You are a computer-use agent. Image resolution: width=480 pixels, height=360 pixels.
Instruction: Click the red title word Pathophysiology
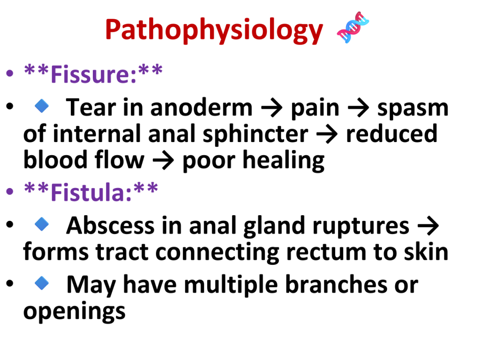click(x=214, y=30)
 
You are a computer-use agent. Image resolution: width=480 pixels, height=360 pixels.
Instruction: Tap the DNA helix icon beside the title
click(x=352, y=27)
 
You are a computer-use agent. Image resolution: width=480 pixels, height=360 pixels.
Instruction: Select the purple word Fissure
click(x=93, y=74)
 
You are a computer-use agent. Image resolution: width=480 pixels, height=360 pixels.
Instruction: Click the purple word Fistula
click(x=91, y=192)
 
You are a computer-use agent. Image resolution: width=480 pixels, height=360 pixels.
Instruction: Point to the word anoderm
click(x=201, y=108)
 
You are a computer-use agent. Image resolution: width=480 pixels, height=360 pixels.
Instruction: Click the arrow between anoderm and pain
click(x=271, y=108)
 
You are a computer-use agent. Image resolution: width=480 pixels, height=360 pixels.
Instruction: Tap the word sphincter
click(x=255, y=135)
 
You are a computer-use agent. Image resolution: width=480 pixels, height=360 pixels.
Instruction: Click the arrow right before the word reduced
click(x=327, y=135)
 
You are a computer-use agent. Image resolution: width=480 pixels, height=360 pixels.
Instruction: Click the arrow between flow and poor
click(x=163, y=161)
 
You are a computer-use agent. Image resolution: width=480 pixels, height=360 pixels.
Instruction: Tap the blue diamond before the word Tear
click(x=42, y=106)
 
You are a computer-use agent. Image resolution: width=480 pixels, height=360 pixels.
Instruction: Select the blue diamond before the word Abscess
click(x=42, y=224)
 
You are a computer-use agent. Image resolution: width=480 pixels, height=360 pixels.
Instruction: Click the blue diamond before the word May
click(x=42, y=283)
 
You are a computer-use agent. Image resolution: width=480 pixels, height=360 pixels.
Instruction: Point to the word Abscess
click(x=110, y=225)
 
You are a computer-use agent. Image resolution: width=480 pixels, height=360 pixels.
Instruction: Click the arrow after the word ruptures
click(x=428, y=226)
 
